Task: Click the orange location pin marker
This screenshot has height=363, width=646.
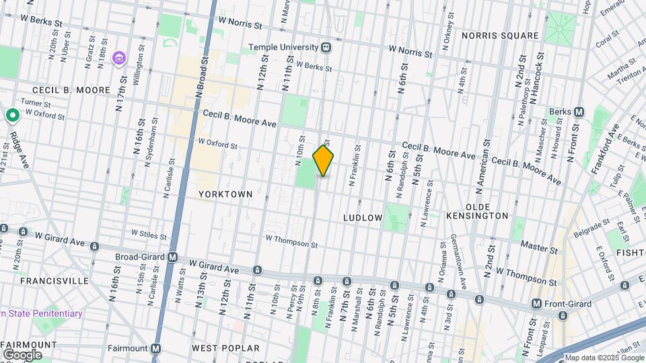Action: coord(324,160)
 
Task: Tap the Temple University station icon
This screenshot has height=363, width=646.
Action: coord(326,47)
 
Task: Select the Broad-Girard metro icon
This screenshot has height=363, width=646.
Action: coord(173,257)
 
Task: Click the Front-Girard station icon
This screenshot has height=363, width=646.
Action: coord(536,304)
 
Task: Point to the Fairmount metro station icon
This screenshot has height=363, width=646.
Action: coord(155,348)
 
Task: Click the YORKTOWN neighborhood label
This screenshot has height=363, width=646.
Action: coord(225,194)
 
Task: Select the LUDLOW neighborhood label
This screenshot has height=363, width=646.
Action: coord(363,218)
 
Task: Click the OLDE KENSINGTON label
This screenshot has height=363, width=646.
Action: coord(477,216)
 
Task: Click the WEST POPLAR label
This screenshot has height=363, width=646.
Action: coord(225,348)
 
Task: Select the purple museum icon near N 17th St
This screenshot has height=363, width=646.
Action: coord(120,59)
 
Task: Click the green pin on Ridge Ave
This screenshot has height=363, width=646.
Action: coord(12,116)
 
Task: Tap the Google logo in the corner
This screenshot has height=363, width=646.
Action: coord(22,354)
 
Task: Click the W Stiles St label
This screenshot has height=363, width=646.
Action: coord(149,233)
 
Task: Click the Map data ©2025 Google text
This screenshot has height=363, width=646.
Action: coord(603,358)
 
